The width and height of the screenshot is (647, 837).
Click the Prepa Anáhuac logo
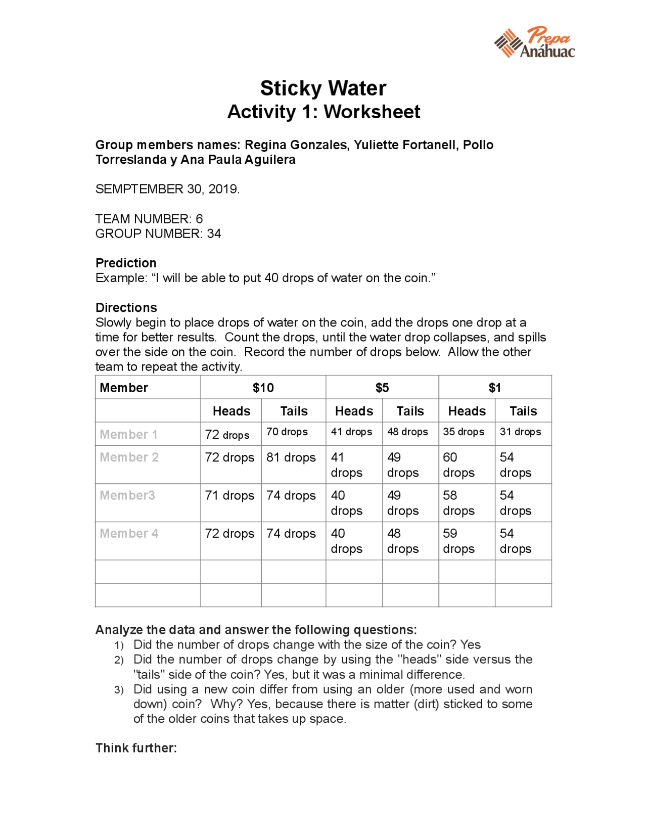coord(534,42)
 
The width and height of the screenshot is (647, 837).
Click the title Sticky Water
coord(323,88)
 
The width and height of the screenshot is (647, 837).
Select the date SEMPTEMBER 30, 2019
coord(167,189)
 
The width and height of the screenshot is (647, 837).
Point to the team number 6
coord(199,219)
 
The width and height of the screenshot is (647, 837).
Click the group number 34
coord(214,234)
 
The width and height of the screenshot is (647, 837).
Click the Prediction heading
coord(126,263)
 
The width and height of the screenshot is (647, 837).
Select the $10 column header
coord(263,388)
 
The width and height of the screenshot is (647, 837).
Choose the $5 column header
coord(382,388)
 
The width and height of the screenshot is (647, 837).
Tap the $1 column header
coord(494,388)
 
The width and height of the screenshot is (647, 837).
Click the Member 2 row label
coord(129,457)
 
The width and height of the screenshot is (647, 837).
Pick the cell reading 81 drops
coord(291,457)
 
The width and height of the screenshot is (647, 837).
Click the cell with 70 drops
coord(287,432)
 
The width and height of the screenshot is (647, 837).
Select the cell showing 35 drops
coord(464,432)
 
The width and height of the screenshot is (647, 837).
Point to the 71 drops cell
coord(229,495)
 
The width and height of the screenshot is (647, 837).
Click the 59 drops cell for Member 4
coord(458,541)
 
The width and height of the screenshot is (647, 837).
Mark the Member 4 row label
coord(129,533)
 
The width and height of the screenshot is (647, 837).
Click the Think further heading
coord(136,748)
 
